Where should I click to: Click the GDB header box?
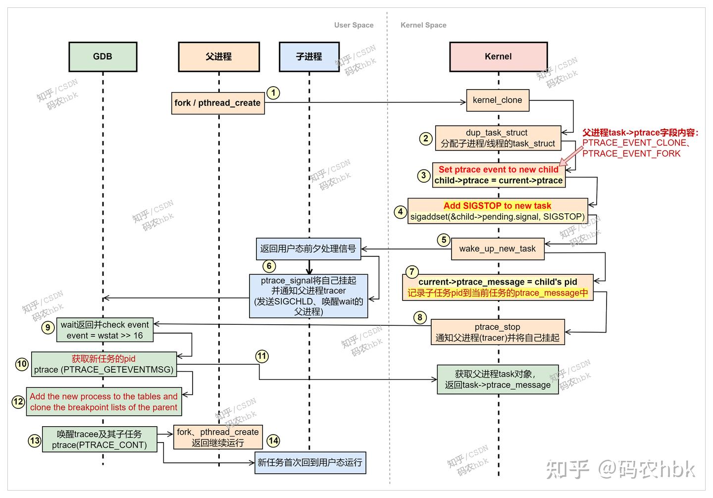pos(102,56)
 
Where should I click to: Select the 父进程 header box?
pos(218,56)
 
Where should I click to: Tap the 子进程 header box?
pos(309,56)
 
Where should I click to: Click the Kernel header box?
pos(498,56)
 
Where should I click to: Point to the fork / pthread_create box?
pos(217,103)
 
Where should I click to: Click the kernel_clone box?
pos(497,100)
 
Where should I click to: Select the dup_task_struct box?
pos(498,138)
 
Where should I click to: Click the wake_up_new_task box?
pos(497,249)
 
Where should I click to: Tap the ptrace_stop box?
pos(497,332)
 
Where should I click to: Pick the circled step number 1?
pos(273,93)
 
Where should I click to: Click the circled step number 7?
pos(411,271)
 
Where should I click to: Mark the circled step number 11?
pos(261,356)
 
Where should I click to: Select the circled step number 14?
pos(273,440)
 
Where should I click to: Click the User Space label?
pos(354,25)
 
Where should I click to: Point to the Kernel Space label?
pos(423,25)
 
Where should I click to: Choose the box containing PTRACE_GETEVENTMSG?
pos(103,364)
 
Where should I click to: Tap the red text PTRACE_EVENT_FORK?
pos(631,153)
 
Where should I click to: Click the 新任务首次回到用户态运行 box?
pos(310,462)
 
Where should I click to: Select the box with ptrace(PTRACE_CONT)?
pos(100,439)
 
